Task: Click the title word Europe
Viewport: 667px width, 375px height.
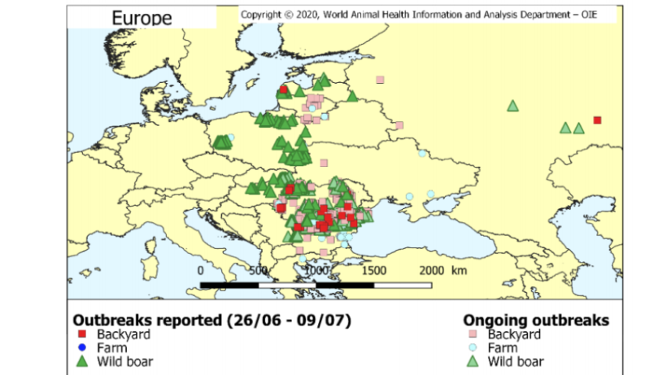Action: tap(142, 18)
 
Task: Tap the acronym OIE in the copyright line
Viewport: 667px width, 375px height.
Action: tap(600, 14)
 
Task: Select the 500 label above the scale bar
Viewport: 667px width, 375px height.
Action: tap(259, 271)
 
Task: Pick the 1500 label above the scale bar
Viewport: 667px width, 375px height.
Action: tap(373, 271)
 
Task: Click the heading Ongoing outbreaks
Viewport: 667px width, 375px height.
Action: tap(535, 320)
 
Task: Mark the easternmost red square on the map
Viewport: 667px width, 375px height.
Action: tap(597, 120)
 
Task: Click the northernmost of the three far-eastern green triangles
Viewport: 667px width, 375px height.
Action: tap(512, 105)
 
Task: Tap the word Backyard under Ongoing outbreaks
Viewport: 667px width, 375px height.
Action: tap(515, 334)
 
